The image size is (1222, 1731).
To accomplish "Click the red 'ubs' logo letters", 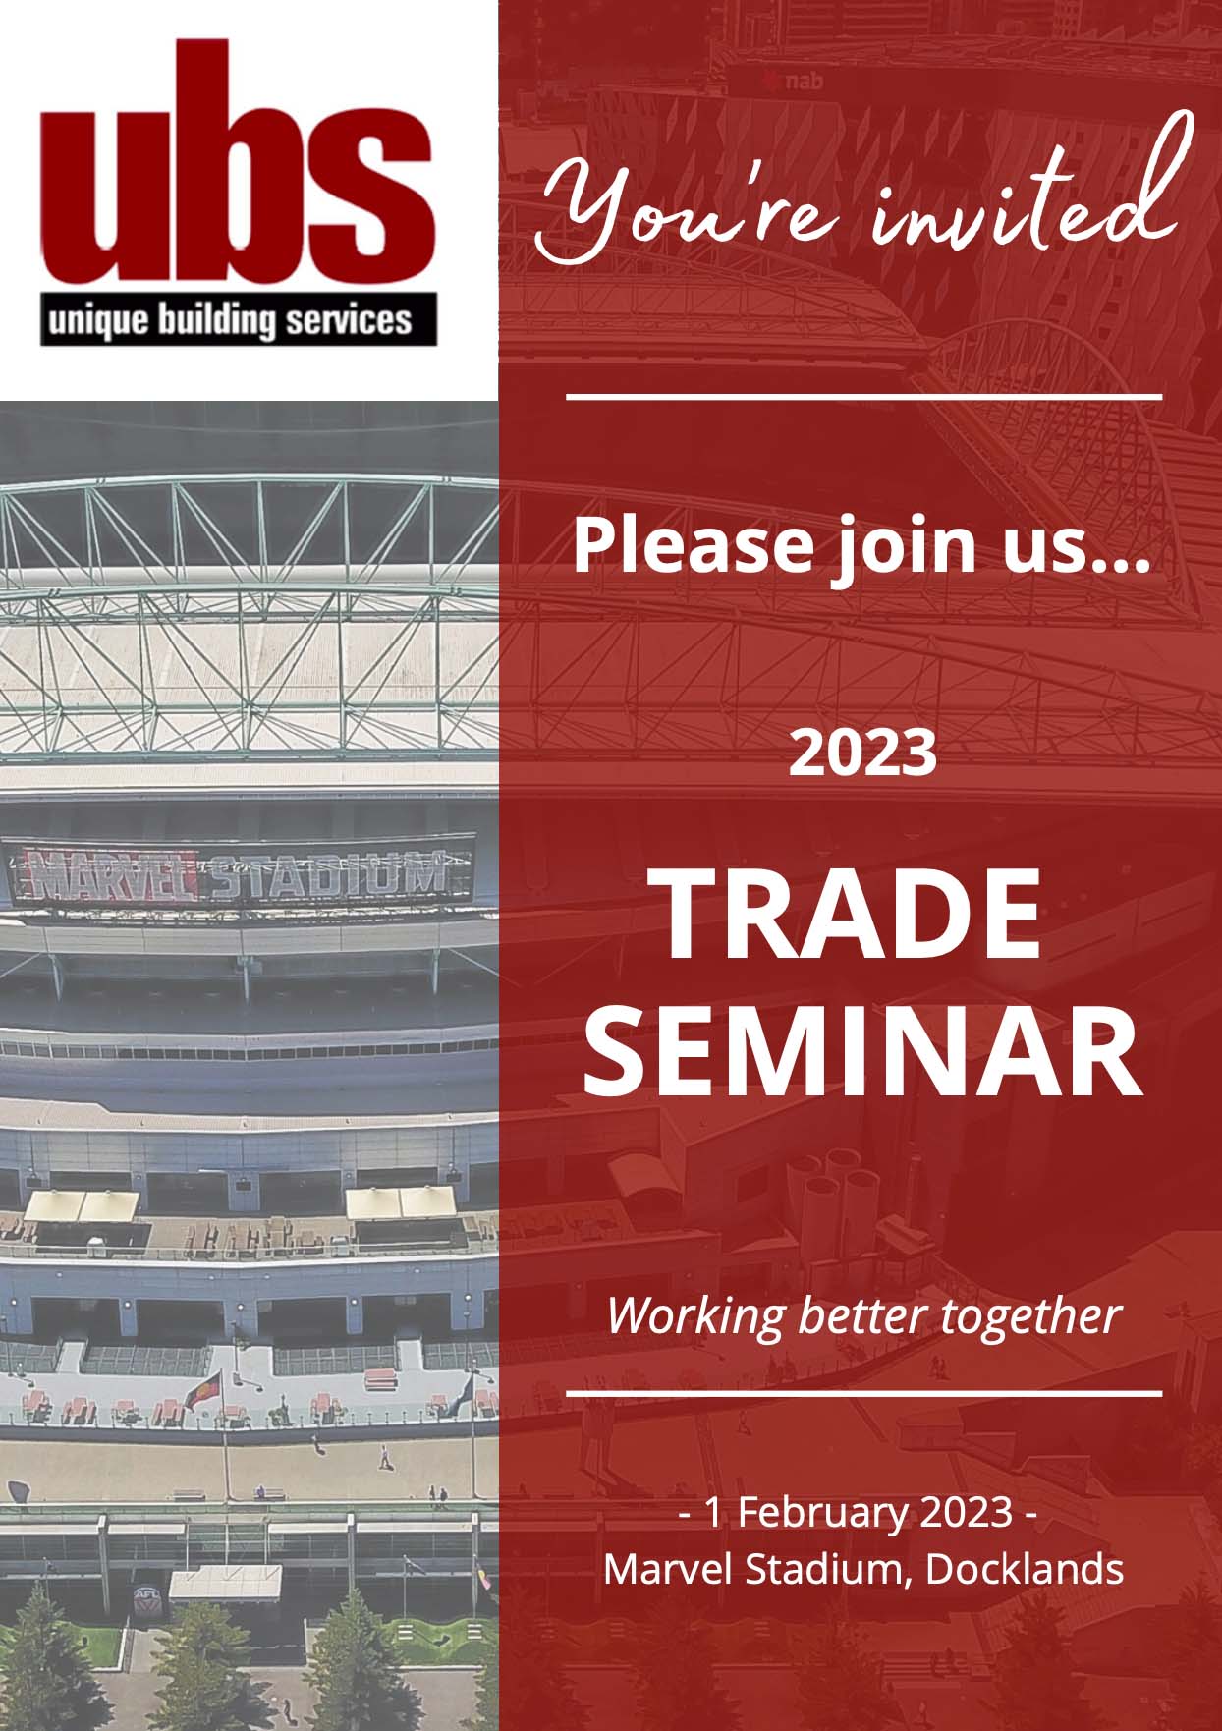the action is pyautogui.click(x=237, y=163).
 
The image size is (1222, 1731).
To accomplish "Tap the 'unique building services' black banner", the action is pyautogui.click(x=238, y=319).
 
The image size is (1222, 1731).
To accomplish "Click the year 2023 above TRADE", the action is pyautogui.click(x=863, y=754).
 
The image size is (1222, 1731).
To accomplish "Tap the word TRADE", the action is pyautogui.click(x=851, y=917).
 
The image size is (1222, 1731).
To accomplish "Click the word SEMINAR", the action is pyautogui.click(x=863, y=1051).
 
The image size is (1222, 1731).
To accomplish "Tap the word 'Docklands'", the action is pyautogui.click(x=1025, y=1569).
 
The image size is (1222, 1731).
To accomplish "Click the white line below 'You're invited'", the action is pyautogui.click(x=864, y=397).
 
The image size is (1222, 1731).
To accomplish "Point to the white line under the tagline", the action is pyautogui.click(x=864, y=1393).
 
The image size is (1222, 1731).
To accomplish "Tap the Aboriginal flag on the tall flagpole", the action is pyautogui.click(x=202, y=1393).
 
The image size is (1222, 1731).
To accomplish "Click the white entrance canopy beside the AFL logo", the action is pyautogui.click(x=225, y=1583).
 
